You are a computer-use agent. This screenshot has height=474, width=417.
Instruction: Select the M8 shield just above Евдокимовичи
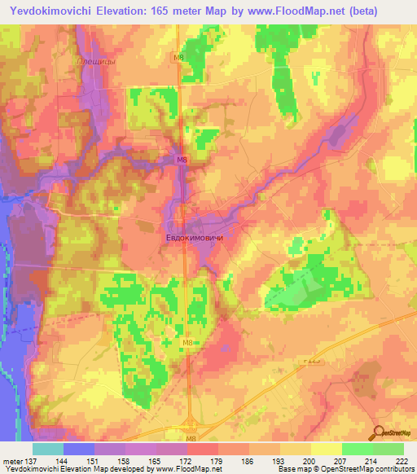pos(182,161)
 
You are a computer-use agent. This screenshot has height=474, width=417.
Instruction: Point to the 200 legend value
pos(309,461)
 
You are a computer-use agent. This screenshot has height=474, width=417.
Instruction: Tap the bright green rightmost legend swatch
pos(388,449)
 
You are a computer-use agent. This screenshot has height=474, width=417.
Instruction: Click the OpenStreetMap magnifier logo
pos(378,432)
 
